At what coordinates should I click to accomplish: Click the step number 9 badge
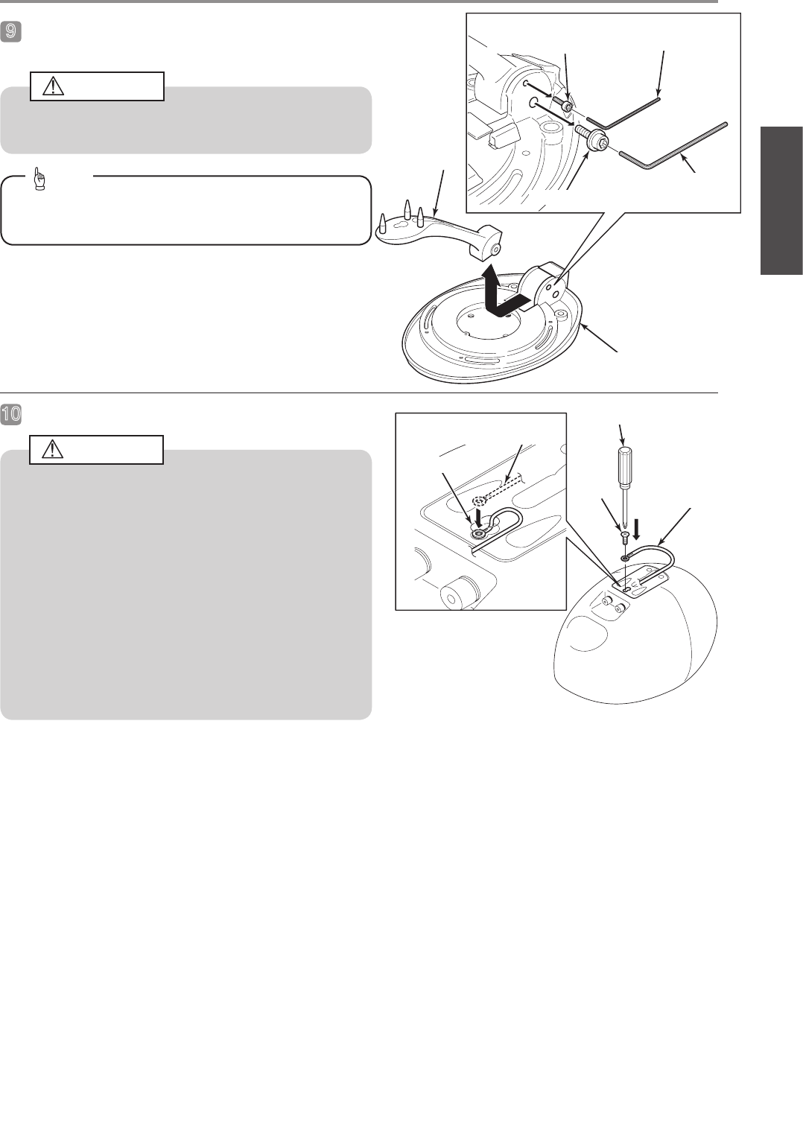coord(10,32)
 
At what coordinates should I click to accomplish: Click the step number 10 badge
coord(10,413)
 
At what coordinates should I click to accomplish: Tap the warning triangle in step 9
coord(53,87)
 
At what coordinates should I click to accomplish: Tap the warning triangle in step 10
coord(53,449)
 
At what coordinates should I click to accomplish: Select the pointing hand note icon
coord(39,179)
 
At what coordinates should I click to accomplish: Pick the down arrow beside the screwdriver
coord(636,529)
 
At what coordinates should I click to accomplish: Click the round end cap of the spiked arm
coord(495,250)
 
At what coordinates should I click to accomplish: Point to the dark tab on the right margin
coord(781,200)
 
